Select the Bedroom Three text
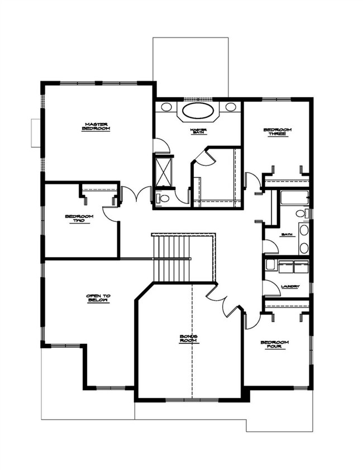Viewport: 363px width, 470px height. pos(278,132)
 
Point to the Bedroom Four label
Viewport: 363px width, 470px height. pos(275,345)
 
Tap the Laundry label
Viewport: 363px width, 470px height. pos(290,287)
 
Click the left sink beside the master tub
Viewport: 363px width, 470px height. pos(166,107)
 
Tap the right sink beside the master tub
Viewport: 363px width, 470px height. pos(231,107)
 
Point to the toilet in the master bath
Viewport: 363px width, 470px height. pos(164,198)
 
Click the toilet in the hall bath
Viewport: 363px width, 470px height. pos(300,213)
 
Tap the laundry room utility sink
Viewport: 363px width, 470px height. pos(270,264)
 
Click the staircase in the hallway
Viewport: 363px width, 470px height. pos(171,258)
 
